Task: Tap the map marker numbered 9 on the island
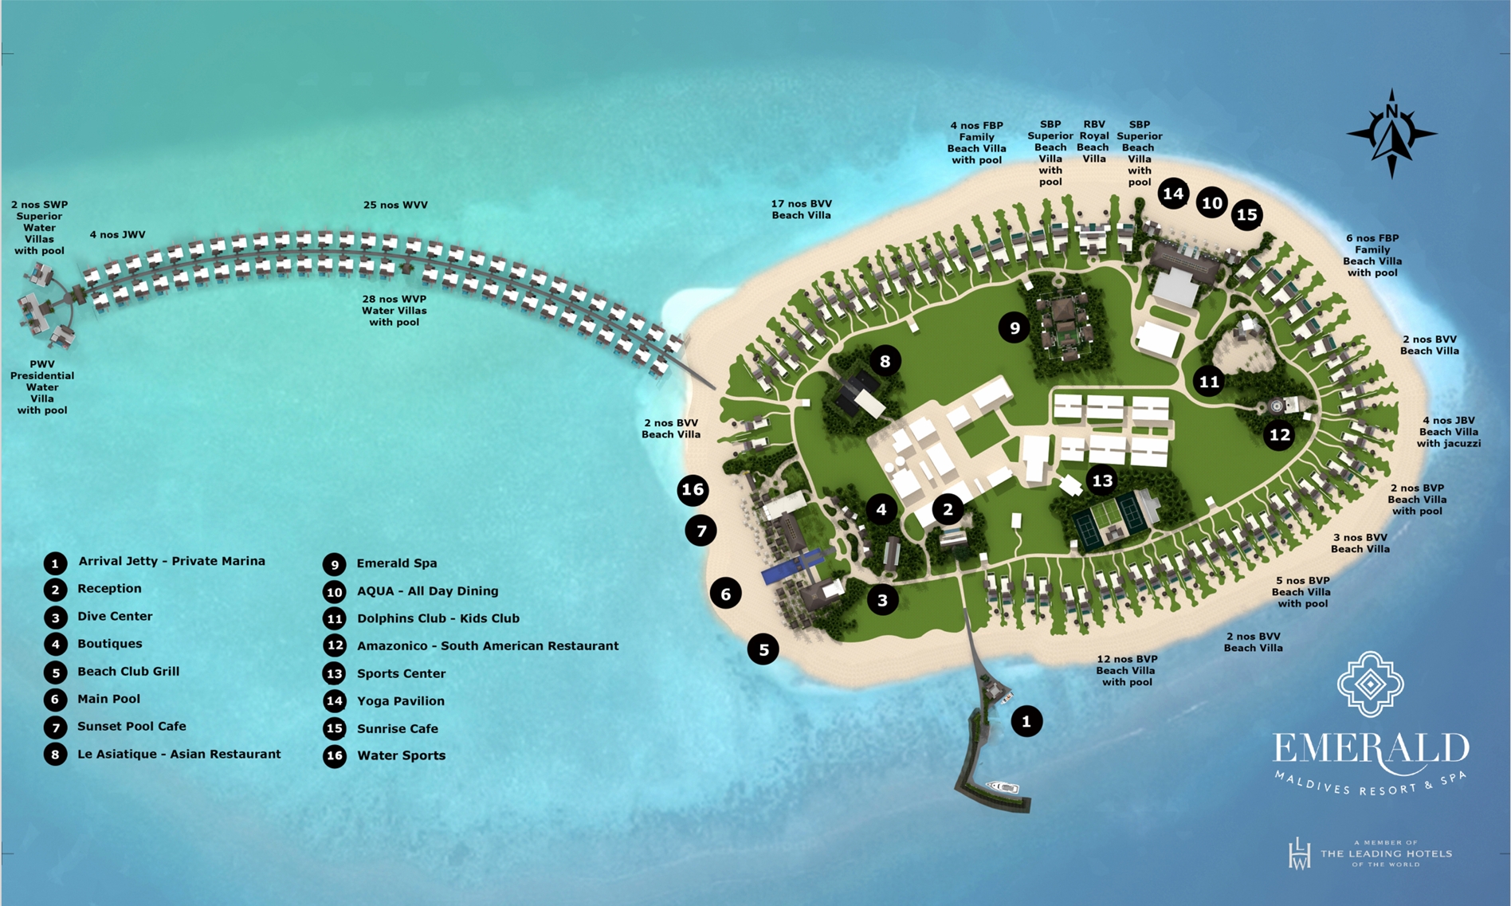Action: click(x=1015, y=327)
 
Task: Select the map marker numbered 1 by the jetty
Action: click(x=1026, y=722)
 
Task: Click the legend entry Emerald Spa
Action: click(x=396, y=563)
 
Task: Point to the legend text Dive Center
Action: click(x=115, y=616)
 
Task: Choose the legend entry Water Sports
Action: click(x=401, y=755)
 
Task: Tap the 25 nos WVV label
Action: click(x=395, y=205)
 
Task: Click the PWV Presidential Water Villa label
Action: click(x=42, y=387)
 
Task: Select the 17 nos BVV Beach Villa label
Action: click(x=801, y=210)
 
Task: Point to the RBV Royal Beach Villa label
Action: click(x=1093, y=142)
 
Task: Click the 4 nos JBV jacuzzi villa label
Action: click(x=1449, y=432)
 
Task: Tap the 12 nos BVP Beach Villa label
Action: click(x=1126, y=670)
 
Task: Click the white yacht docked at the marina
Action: click(x=1003, y=787)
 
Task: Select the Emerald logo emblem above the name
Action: click(x=1370, y=684)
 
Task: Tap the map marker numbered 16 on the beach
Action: click(x=693, y=490)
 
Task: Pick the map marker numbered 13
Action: click(x=1102, y=480)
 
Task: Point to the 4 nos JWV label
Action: click(x=117, y=235)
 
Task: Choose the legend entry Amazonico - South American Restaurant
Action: click(x=487, y=646)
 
